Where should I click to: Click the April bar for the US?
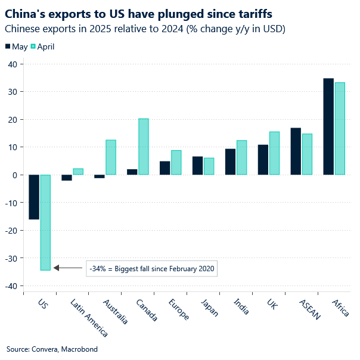click(x=45, y=222)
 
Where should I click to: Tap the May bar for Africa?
click(x=328, y=126)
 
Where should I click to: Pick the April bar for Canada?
click(x=144, y=147)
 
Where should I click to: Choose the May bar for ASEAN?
click(x=296, y=151)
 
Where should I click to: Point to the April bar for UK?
click(x=274, y=153)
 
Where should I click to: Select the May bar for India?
click(x=230, y=162)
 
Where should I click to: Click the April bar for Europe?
click(x=176, y=162)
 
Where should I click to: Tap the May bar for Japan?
click(x=197, y=166)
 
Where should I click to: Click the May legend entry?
click(x=16, y=46)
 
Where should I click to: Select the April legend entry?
click(x=42, y=46)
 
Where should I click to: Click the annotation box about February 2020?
click(x=151, y=268)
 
